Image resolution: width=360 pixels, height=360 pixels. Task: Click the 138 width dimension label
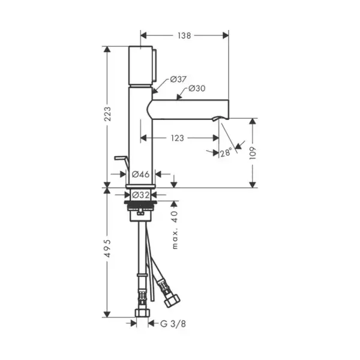[184, 35]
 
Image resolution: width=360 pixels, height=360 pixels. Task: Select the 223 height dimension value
[107, 114]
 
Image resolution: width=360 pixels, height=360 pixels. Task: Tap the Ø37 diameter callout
[178, 79]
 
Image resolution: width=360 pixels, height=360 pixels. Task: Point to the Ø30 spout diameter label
[197, 88]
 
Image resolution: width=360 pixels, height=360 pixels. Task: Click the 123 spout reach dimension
[178, 138]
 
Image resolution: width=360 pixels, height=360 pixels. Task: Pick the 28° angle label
[226, 152]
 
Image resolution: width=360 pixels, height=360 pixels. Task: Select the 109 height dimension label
[253, 153]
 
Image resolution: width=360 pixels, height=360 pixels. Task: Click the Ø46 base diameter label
[140, 174]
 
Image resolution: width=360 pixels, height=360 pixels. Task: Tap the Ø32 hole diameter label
[141, 195]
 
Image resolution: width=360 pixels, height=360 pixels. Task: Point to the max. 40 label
[175, 230]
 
